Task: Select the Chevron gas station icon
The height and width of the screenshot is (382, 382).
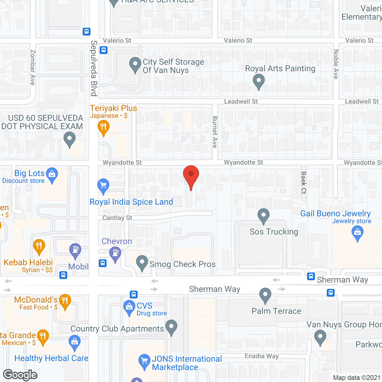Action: pos(115,253)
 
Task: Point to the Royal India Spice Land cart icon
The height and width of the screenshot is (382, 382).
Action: pos(103,186)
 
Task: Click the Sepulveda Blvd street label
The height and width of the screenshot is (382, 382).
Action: pos(94,68)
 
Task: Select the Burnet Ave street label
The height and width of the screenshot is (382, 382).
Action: pos(215,132)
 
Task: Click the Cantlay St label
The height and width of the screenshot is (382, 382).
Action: pos(117,218)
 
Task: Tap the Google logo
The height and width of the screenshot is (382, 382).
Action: pos(20,375)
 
